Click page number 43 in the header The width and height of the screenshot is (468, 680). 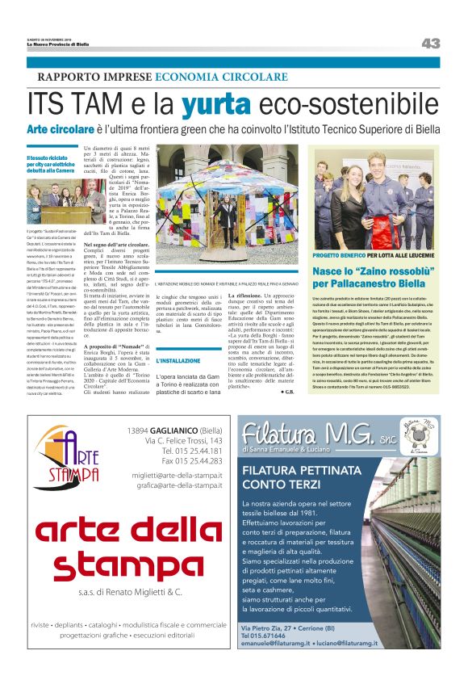430,43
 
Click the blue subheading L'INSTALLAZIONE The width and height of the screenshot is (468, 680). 179,360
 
